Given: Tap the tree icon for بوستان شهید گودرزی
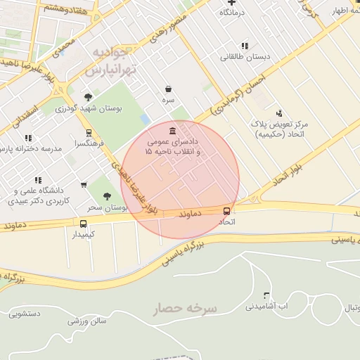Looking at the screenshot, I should coord(88,98).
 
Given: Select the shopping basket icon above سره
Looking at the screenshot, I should coord(168,89).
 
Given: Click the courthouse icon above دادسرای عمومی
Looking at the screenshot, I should coord(173,131).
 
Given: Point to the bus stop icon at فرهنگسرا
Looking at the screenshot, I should coord(88,132).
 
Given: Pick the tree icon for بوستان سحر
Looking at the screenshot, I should coord(108,198).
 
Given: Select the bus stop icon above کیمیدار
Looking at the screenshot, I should coord(84,224).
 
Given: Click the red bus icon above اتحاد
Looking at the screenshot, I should coord(226,210).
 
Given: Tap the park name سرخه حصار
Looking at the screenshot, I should coord(186,309).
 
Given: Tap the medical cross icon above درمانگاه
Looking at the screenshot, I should coord(231,3).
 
